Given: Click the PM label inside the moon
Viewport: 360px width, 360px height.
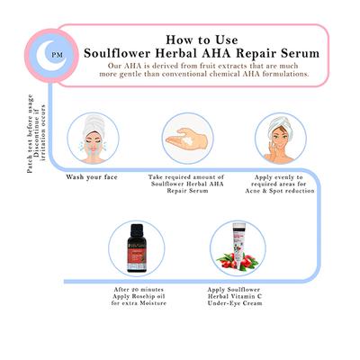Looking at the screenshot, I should click(57, 54).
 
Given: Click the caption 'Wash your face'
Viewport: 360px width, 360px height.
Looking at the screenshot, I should click(93, 176).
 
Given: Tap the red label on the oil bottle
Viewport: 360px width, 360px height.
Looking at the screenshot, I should click(137, 256).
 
